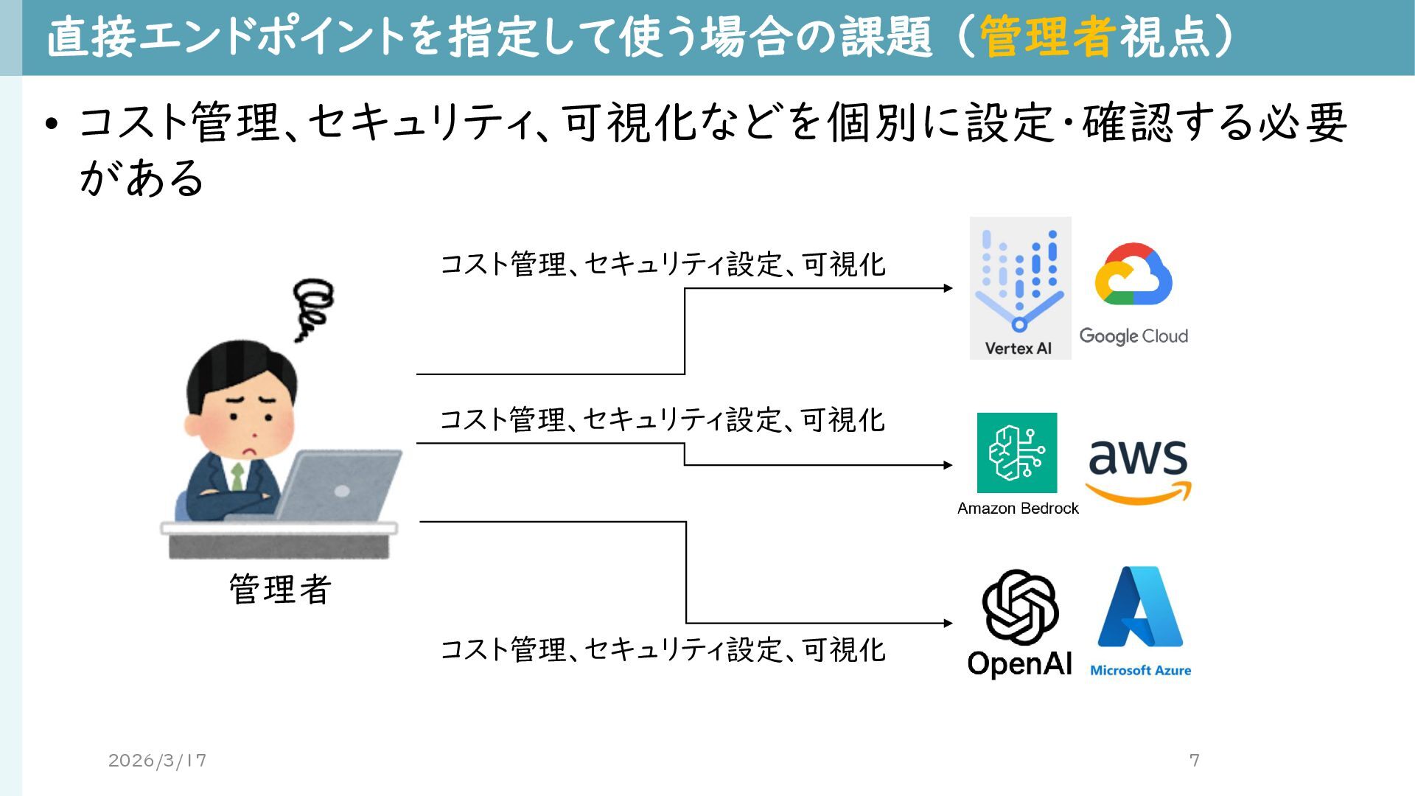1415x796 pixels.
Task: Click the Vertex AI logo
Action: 1020,287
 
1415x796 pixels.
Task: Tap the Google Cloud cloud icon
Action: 1133,274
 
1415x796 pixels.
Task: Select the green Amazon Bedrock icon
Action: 1017,453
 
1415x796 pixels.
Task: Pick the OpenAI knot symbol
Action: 1020,607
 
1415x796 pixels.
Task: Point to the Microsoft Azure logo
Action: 1140,607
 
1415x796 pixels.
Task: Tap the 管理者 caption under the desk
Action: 280,590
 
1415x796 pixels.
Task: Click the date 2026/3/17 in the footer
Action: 157,760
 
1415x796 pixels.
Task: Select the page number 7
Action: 1195,760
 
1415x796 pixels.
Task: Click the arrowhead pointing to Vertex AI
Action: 948,288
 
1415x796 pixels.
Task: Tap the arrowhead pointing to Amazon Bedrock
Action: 948,465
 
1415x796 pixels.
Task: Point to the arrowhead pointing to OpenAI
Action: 948,623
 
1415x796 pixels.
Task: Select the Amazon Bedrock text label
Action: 1018,509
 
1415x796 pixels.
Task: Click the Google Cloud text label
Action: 1133,336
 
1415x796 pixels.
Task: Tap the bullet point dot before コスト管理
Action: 50,124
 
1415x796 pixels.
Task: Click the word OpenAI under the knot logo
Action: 1020,663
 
